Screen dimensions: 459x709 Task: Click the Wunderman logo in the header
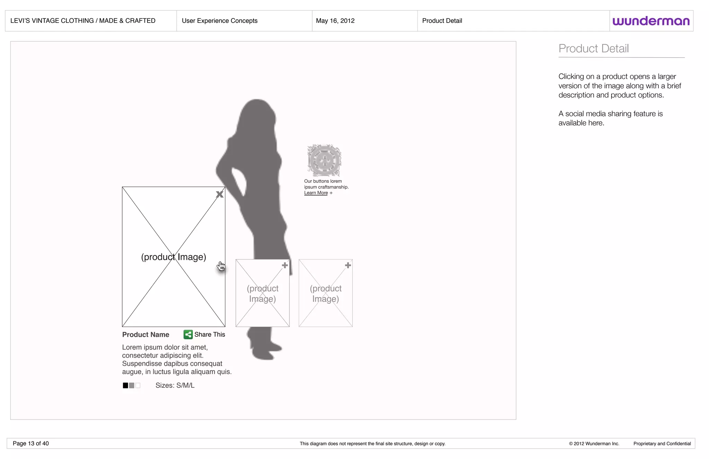[651, 21]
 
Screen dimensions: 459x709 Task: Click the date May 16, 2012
[335, 21]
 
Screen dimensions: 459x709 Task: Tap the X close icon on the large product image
[219, 194]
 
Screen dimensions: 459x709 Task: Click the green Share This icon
[188, 334]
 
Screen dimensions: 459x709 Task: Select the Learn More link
[316, 193]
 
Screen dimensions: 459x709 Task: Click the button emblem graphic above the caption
[324, 160]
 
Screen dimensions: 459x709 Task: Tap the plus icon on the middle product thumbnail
[285, 265]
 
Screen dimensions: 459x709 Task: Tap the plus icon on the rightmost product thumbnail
[348, 265]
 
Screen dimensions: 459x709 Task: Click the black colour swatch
[125, 386]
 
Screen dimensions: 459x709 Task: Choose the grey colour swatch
[132, 386]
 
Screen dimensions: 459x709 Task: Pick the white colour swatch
[138, 386]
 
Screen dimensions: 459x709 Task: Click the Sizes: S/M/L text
[175, 386]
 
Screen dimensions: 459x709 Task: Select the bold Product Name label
[146, 335]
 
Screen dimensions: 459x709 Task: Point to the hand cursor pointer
[221, 266]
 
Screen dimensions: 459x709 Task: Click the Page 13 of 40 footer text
[31, 443]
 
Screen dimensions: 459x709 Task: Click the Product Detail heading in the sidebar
[593, 48]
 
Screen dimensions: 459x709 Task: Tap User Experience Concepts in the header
[219, 21]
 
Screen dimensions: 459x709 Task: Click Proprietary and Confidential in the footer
[662, 444]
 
